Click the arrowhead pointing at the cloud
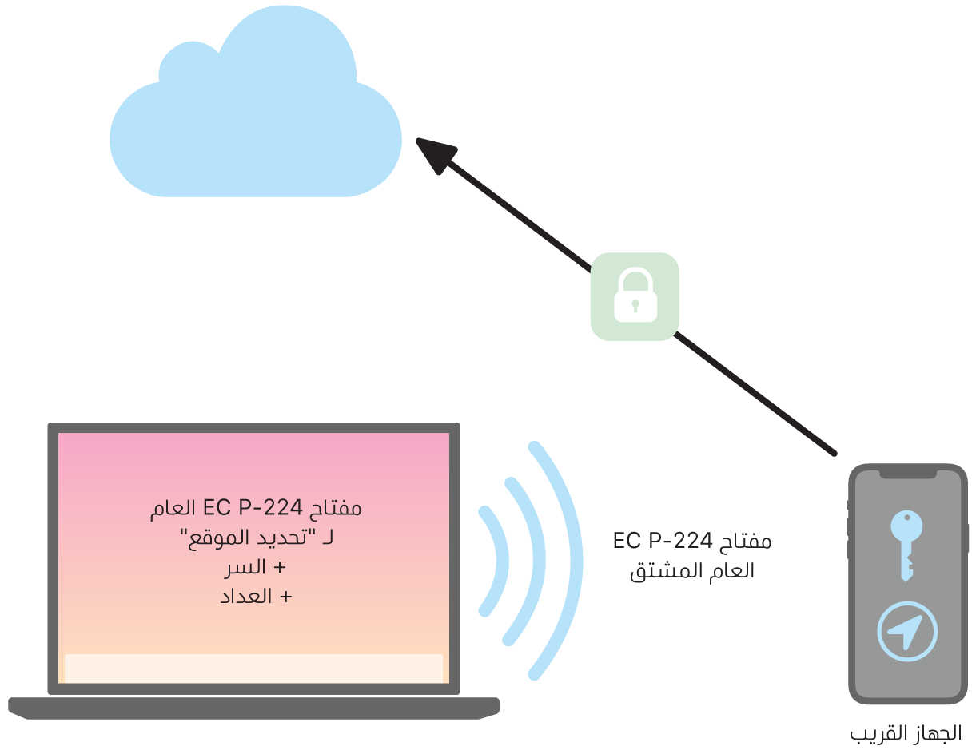(436, 153)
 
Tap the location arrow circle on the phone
(906, 632)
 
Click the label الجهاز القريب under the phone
(905, 732)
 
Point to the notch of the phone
(908, 474)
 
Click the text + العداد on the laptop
(257, 596)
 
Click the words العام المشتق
(692, 571)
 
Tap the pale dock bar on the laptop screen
(253, 669)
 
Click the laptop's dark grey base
(253, 707)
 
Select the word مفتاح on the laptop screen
(334, 508)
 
